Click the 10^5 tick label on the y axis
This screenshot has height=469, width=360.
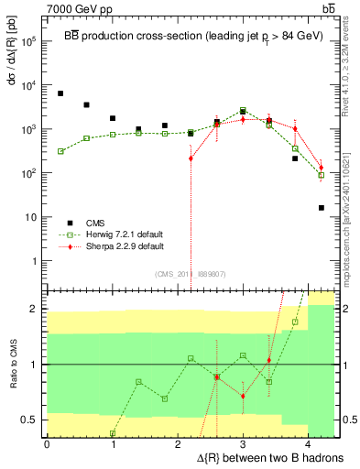tap(28, 41)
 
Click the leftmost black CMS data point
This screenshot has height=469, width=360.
tap(60, 93)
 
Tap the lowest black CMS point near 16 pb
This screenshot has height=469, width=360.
tap(322, 208)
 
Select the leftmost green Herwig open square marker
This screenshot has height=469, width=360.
tap(60, 151)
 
